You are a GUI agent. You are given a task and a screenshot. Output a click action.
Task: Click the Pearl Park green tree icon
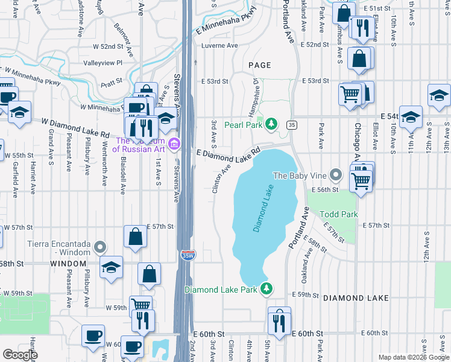271,124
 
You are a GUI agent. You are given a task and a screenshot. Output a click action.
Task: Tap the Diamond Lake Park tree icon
266,290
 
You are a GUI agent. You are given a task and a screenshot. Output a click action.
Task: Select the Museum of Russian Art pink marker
174,144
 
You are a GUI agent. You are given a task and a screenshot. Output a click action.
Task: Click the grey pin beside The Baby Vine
336,176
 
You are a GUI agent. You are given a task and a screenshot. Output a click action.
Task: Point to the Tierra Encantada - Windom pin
100,247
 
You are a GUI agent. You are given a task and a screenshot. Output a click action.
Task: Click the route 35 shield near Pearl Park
291,124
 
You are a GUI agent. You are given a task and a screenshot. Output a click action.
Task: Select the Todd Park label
339,214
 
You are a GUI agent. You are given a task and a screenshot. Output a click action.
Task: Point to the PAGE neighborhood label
259,65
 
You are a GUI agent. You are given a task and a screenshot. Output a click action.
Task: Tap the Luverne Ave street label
219,45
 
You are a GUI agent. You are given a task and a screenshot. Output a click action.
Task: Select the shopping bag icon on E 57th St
135,237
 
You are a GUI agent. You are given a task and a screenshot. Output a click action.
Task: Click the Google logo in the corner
20,355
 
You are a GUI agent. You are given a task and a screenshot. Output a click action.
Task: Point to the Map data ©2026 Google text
413,357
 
